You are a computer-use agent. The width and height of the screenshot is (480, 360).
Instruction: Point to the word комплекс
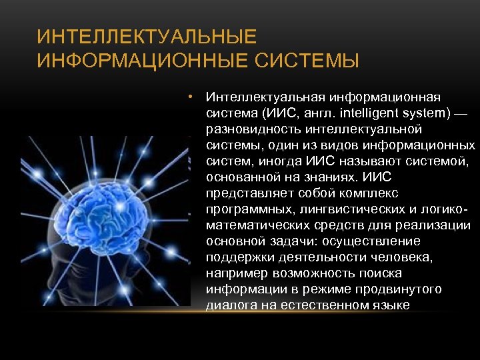point(367,193)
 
